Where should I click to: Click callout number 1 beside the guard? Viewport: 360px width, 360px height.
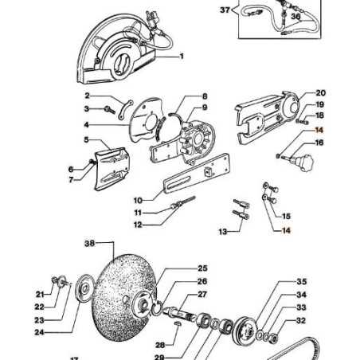182,57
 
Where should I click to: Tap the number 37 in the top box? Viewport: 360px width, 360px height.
224,11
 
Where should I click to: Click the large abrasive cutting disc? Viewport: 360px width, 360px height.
119,295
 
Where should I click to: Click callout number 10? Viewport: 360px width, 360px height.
138,199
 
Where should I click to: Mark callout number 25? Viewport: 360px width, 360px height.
202,268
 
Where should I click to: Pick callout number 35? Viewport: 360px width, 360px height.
301,282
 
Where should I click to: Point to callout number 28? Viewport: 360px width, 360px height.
159,345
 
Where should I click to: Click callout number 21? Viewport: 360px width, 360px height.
39,293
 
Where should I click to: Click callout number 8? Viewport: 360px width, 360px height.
204,96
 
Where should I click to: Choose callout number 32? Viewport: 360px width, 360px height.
301,321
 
